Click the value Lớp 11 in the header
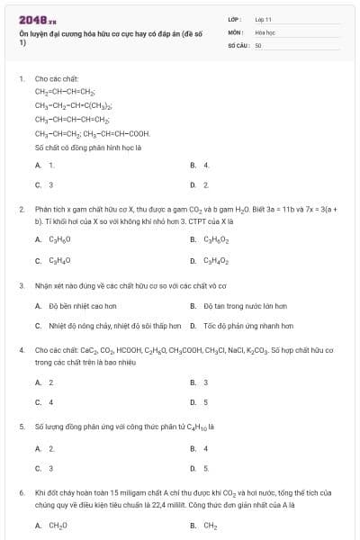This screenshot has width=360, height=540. click(263, 18)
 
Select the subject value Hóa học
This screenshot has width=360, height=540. click(264, 31)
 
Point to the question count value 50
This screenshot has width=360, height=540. click(258, 43)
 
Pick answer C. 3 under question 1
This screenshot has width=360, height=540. click(45, 185)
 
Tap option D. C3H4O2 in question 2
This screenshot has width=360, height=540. click(210, 261)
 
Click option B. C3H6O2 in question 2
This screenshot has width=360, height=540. click(210, 240)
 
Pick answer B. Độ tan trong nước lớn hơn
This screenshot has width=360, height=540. click(238, 305)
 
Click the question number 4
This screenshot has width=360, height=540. click(21, 349)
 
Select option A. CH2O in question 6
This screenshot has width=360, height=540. click(52, 526)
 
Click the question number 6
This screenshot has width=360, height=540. click(21, 493)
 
